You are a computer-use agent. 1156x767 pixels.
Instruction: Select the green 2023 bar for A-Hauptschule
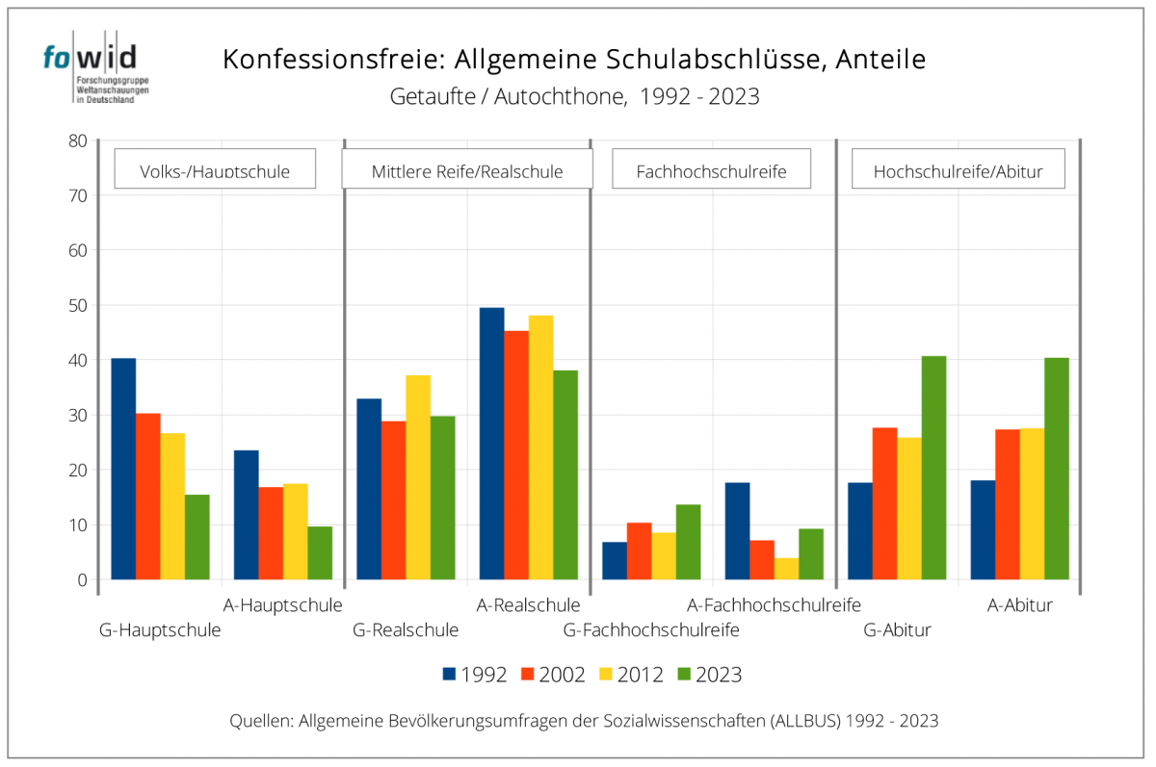pos(320,553)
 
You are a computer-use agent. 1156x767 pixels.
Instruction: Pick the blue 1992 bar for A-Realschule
pos(491,444)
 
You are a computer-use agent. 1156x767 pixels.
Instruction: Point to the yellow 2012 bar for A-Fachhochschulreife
pos(787,569)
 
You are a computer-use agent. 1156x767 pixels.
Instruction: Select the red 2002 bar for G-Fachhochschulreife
pos(639,551)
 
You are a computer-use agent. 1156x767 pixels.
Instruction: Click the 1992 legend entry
pos(474,675)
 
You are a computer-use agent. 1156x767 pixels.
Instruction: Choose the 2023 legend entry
pos(710,675)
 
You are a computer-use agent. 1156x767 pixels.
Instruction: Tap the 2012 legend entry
pos(631,675)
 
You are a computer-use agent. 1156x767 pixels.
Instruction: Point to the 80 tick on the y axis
pos(78,141)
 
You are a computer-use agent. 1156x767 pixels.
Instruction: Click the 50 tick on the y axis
pos(78,305)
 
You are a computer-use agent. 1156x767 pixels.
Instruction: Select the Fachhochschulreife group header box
pos(712,169)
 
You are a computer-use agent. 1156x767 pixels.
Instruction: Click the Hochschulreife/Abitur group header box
pos(958,169)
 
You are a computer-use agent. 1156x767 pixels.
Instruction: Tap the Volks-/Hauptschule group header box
pos(215,169)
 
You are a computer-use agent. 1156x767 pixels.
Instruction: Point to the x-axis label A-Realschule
pos(529,605)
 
